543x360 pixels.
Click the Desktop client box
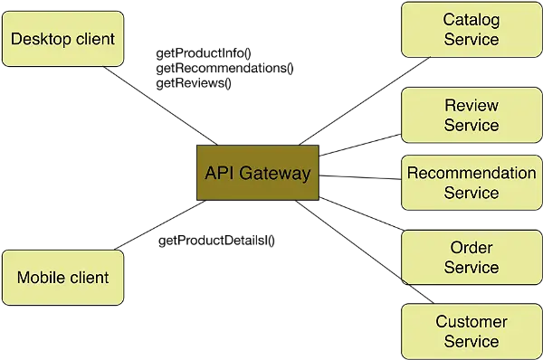click(x=62, y=38)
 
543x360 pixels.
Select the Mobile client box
click(x=62, y=278)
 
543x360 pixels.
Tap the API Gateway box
click(x=257, y=173)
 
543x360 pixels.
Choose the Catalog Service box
click(x=471, y=29)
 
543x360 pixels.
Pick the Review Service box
click(x=471, y=115)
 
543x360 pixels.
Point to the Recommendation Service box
click(x=471, y=182)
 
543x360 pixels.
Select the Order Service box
click(x=471, y=257)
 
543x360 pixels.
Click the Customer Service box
click(x=471, y=331)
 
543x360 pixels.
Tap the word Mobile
click(x=41, y=278)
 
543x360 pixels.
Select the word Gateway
click(x=274, y=173)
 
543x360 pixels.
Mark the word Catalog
click(x=471, y=20)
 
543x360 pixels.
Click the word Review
click(x=471, y=105)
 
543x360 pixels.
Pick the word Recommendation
click(x=471, y=173)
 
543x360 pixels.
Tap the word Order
click(x=471, y=248)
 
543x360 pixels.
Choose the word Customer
click(x=471, y=322)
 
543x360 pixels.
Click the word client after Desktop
click(x=94, y=39)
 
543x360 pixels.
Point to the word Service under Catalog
click(x=471, y=40)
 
